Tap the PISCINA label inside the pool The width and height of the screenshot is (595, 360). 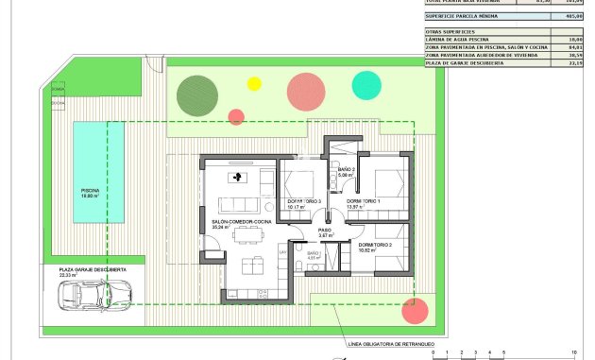click(x=90, y=191)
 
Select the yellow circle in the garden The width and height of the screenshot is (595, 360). click(x=253, y=83)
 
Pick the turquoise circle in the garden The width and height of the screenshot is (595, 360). click(x=365, y=84)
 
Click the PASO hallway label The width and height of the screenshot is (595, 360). click(x=324, y=230)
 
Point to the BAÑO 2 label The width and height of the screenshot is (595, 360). click(x=345, y=170)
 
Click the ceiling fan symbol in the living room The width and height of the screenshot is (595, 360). click(x=238, y=176)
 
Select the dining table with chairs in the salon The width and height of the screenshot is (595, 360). click(x=249, y=262)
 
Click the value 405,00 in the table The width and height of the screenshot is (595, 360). click(x=571, y=16)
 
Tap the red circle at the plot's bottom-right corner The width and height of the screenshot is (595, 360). click(x=413, y=310)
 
